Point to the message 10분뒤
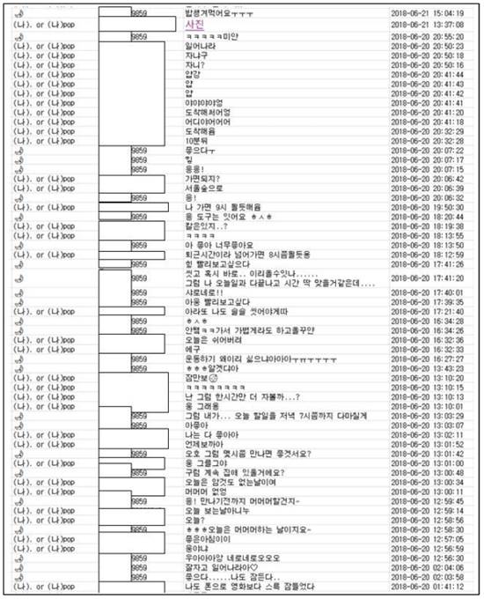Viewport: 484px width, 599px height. coord(195,141)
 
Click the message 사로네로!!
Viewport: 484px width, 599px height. coord(202,293)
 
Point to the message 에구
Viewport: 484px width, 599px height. coord(191,350)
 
